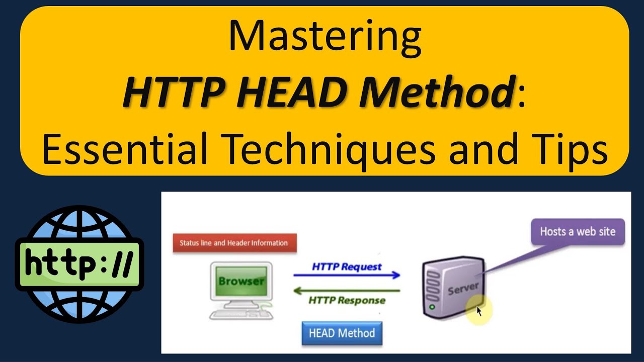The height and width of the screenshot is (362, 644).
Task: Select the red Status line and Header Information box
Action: pyautogui.click(x=234, y=243)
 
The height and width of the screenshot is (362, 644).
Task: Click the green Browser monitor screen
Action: pyautogui.click(x=242, y=282)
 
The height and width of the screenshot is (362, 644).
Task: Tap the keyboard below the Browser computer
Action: pyautogui.click(x=242, y=314)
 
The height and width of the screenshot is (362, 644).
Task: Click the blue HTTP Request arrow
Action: pyautogui.click(x=347, y=276)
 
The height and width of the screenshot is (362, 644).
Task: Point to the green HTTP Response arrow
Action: pyautogui.click(x=347, y=290)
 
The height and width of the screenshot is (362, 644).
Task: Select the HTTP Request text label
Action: pyautogui.click(x=347, y=266)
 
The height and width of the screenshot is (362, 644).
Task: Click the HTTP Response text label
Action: pyautogui.click(x=347, y=301)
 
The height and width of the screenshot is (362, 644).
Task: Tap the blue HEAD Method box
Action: pyautogui.click(x=342, y=333)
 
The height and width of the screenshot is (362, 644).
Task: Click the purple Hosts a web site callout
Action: pyautogui.click(x=578, y=232)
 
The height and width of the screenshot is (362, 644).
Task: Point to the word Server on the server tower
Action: pyautogui.click(x=463, y=289)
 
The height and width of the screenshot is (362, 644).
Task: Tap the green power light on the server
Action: pyautogui.click(x=432, y=307)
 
